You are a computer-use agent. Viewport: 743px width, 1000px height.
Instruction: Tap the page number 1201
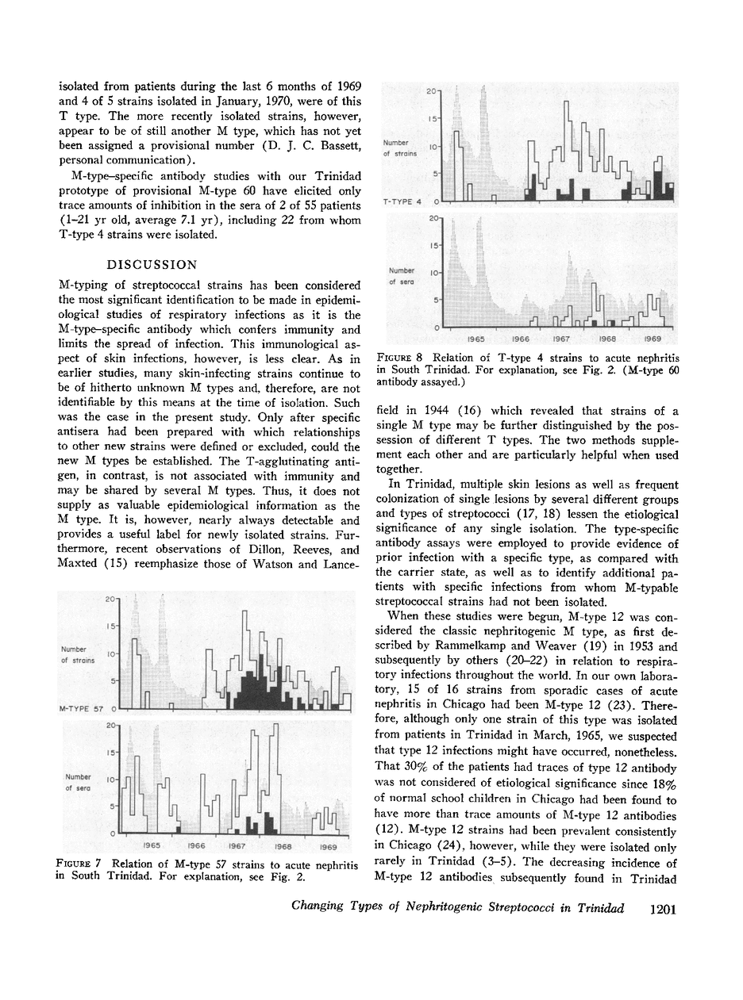(x=661, y=909)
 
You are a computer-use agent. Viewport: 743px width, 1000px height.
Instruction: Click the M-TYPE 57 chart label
(x=82, y=707)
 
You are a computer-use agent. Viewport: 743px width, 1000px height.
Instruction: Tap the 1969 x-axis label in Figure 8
(x=653, y=339)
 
